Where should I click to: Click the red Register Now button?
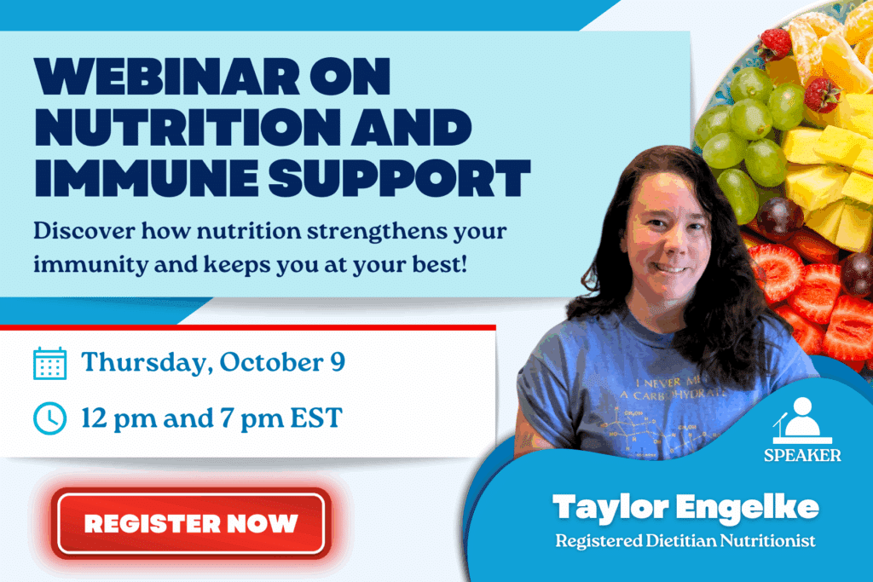(x=190, y=522)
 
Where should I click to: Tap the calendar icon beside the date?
(x=49, y=363)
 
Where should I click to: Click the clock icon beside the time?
(x=49, y=418)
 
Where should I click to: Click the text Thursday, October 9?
(x=213, y=362)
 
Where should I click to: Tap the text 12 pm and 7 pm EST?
(x=211, y=418)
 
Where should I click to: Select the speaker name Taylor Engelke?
(x=685, y=508)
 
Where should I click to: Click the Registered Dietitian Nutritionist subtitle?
(x=685, y=540)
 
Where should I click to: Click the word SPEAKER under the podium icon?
(x=801, y=455)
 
